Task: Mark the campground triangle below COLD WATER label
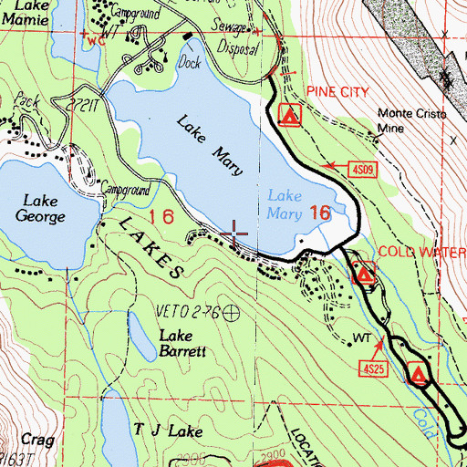click(365, 273)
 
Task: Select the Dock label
click(190, 65)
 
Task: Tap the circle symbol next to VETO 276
click(232, 313)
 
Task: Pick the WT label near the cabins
click(362, 338)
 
